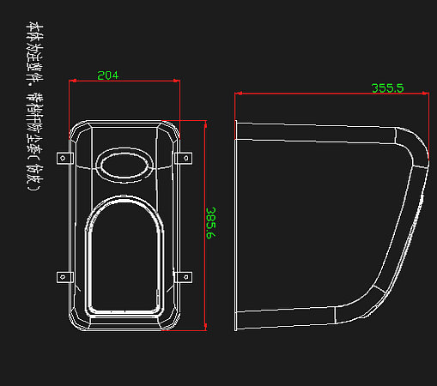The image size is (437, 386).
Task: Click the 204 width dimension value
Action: point(108,75)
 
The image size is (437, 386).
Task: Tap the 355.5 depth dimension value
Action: point(387,87)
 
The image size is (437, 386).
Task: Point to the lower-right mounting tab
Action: point(183,276)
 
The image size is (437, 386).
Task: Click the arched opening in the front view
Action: point(123,257)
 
